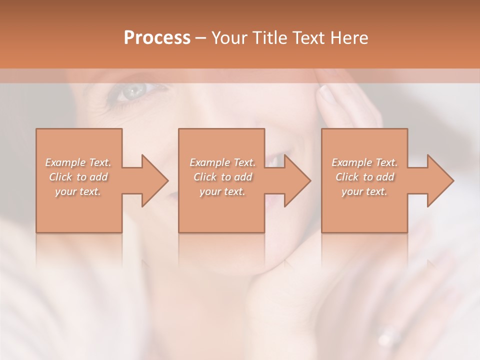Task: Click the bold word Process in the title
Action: pyautogui.click(x=157, y=38)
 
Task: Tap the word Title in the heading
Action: pyautogui.click(x=269, y=38)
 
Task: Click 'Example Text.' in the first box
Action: pyautogui.click(x=78, y=162)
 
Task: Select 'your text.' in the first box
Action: pyautogui.click(x=78, y=191)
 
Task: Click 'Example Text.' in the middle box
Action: pyautogui.click(x=222, y=162)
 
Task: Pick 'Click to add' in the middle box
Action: pyautogui.click(x=222, y=177)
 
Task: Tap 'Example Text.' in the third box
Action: pyautogui.click(x=364, y=162)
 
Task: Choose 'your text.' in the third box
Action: pyautogui.click(x=364, y=191)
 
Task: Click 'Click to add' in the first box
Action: pyautogui.click(x=78, y=177)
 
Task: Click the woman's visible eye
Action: pyautogui.click(x=133, y=91)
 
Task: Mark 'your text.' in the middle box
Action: pyautogui.click(x=222, y=191)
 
